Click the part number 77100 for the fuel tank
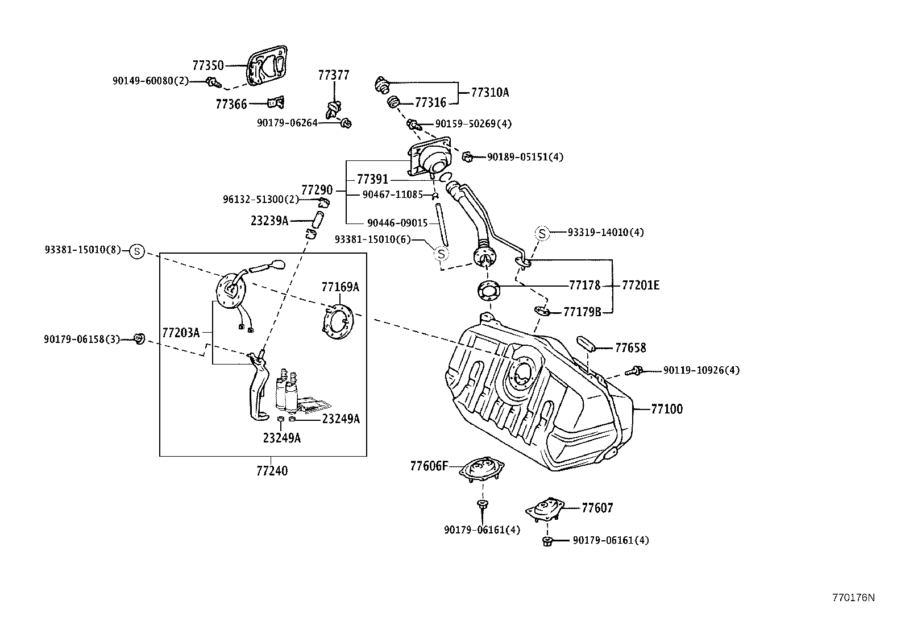click(x=667, y=409)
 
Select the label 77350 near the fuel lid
click(x=208, y=65)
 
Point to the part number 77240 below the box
click(x=272, y=471)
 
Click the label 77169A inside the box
click(x=340, y=287)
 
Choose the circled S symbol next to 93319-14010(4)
click(x=542, y=233)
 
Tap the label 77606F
click(x=429, y=466)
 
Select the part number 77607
click(x=597, y=508)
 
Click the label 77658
click(x=630, y=347)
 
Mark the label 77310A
click(x=489, y=92)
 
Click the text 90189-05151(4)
click(x=525, y=156)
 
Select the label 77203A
click(x=181, y=332)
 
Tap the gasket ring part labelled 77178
click(x=488, y=290)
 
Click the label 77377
click(x=334, y=75)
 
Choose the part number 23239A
click(x=269, y=221)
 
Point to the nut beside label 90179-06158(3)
click(x=138, y=339)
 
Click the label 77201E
click(x=641, y=285)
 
